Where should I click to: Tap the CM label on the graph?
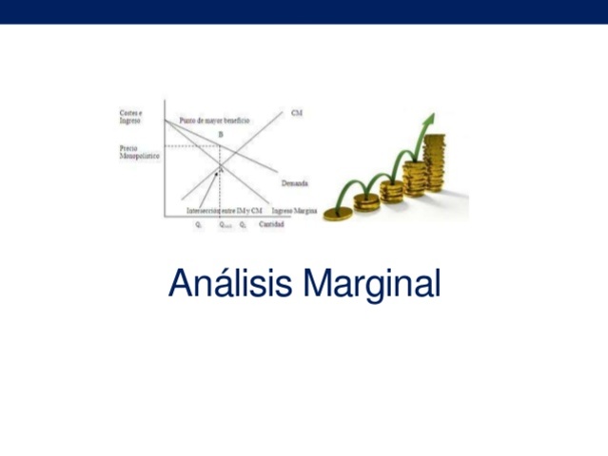coord(296,113)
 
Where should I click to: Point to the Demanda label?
coord(293,182)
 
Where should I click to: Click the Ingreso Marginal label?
coord(296,210)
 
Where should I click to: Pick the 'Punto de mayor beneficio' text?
coord(214,121)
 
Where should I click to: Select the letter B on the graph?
coord(221,136)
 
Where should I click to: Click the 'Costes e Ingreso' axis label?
coord(131,118)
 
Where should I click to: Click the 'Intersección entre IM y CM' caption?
coord(225,210)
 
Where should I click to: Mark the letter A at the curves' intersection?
coord(221,168)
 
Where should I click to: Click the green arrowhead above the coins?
coord(430,120)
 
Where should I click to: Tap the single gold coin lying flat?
coord(337,215)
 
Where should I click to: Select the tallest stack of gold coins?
coord(435,163)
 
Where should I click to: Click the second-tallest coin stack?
coord(415,179)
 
